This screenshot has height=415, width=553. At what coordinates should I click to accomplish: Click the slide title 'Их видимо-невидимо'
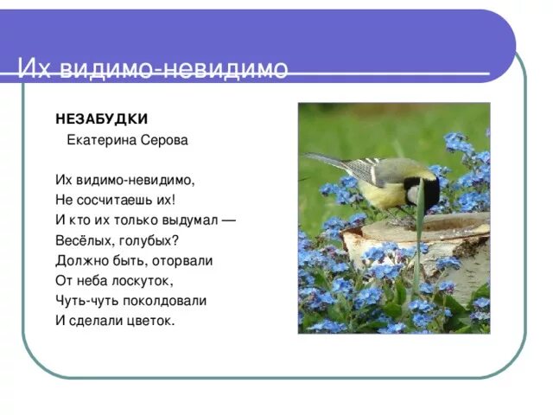point(153,69)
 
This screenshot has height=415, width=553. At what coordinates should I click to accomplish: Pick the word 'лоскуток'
point(141,281)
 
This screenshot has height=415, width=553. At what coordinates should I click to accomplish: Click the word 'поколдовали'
point(168,301)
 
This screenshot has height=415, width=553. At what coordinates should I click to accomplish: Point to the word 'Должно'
point(81,260)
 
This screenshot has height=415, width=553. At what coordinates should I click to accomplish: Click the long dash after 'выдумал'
point(228,220)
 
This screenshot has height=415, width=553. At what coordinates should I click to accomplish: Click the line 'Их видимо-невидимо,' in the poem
point(125,180)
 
